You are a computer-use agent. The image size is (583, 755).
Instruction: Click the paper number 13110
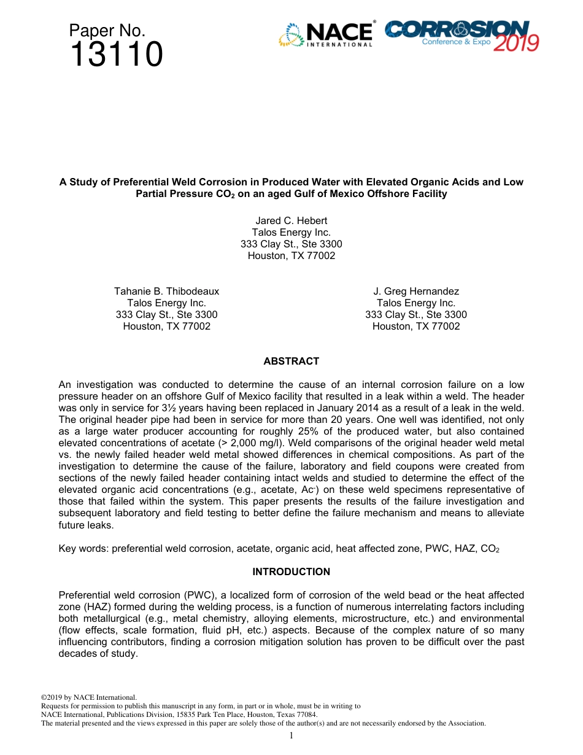pos(116,55)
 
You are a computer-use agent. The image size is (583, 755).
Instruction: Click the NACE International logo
pos(326,35)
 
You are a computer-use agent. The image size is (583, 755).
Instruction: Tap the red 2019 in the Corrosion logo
pos(515,44)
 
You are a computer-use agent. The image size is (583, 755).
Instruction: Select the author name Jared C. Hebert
pos(291,220)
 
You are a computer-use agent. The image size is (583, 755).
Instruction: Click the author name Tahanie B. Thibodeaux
pos(166,291)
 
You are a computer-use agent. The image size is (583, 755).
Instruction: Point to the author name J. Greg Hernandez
pos(416,291)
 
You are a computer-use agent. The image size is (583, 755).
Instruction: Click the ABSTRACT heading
pos(291,362)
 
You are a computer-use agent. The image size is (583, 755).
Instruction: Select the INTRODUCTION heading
pos(291,571)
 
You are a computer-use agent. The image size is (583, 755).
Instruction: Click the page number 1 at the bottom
pos(291,735)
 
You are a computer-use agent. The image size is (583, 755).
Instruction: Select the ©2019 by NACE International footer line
pos(88,697)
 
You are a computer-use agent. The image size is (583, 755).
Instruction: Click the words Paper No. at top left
pos(107,30)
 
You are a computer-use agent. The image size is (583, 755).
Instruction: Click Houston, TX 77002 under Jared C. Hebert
pos(291,256)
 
